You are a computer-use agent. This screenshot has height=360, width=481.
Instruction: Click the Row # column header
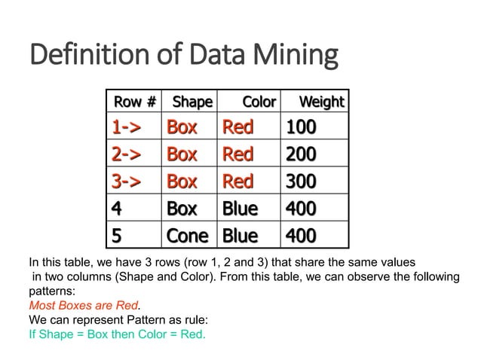(135, 101)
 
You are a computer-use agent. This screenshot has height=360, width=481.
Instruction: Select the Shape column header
(192, 101)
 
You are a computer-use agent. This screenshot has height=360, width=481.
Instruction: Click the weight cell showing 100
(300, 127)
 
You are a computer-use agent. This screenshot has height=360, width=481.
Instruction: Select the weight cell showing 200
(300, 154)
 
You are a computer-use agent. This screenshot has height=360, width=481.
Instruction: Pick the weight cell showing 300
(300, 181)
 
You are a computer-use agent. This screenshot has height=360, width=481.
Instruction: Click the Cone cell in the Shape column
(187, 235)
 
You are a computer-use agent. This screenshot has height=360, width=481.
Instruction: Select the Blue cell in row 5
(240, 235)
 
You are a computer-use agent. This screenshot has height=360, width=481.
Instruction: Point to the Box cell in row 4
(182, 208)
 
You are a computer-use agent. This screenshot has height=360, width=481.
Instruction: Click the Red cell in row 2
(237, 154)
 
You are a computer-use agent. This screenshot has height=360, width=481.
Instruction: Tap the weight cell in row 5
(300, 235)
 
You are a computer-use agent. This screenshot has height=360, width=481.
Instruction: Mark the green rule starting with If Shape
(117, 334)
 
